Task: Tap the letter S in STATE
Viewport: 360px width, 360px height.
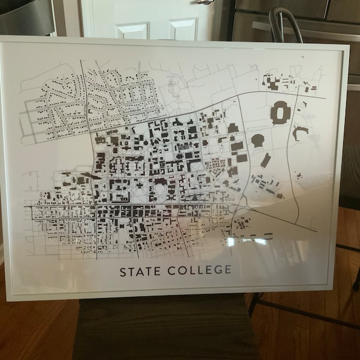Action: pyautogui.click(x=124, y=271)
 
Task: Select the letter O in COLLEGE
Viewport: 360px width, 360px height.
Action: pyautogui.click(x=180, y=270)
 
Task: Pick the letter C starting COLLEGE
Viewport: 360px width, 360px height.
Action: pyautogui.click(x=169, y=270)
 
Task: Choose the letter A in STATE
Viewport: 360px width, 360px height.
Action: pyautogui.click(x=140, y=271)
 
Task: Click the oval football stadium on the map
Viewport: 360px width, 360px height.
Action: pyautogui.click(x=280, y=113)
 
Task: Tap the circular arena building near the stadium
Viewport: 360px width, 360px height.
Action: pyautogui.click(x=258, y=140)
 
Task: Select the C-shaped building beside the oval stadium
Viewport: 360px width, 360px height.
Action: pyautogui.click(x=300, y=133)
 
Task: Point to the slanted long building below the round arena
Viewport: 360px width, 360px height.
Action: pyautogui.click(x=265, y=160)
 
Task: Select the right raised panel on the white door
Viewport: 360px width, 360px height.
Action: pyautogui.click(x=182, y=29)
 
